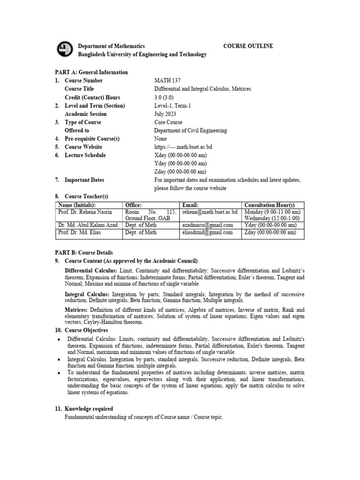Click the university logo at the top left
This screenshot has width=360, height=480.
pos(64,49)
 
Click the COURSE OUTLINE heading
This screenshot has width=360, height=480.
pos(248,46)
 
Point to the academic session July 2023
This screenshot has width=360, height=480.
pos(166,114)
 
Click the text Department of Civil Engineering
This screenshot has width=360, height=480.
pos(191,131)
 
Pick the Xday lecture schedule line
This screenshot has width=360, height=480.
pos(181,156)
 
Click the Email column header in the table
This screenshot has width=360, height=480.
pos(190,205)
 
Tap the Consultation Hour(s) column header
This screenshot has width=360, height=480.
pos(270,205)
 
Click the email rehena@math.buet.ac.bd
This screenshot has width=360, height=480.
pos(210,212)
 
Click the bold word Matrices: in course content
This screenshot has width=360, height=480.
pos(76,310)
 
